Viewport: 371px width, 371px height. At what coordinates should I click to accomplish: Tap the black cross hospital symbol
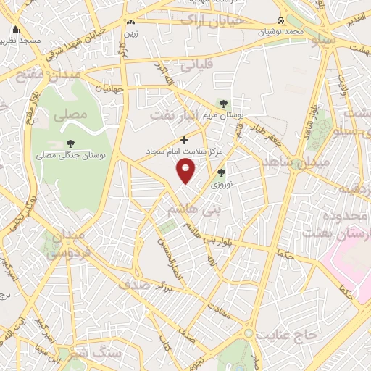pos(185,139)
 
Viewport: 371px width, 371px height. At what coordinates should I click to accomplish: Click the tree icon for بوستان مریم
pos(222,103)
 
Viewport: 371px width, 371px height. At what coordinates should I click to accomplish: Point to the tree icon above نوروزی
pos(222,172)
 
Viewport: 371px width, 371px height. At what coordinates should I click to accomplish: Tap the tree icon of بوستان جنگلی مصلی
pos(70,143)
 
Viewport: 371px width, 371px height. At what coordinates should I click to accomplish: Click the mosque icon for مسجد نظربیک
pos(15,30)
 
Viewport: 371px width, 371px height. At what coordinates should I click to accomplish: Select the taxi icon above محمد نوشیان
pos(280,21)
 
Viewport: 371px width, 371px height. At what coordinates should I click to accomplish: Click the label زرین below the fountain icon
pos(130,33)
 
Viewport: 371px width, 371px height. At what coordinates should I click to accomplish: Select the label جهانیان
pos(116,88)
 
